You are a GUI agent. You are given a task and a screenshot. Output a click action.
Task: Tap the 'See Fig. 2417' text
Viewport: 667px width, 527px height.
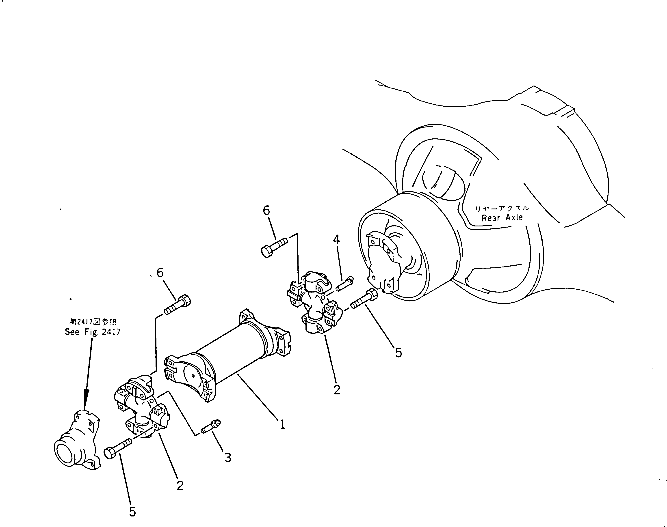[92, 332]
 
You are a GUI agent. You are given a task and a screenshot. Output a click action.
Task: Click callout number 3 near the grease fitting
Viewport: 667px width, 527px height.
[227, 457]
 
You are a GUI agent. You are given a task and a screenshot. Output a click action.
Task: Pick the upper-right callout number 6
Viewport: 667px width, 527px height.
[266, 211]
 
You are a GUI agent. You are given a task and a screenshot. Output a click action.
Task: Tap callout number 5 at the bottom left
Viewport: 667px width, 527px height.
[132, 512]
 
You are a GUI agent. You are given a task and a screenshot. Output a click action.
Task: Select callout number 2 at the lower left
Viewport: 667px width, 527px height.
[180, 485]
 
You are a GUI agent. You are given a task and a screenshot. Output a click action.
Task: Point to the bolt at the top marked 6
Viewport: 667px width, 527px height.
[274, 246]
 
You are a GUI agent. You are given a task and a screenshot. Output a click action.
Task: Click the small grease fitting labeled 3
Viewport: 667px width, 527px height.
[211, 426]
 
